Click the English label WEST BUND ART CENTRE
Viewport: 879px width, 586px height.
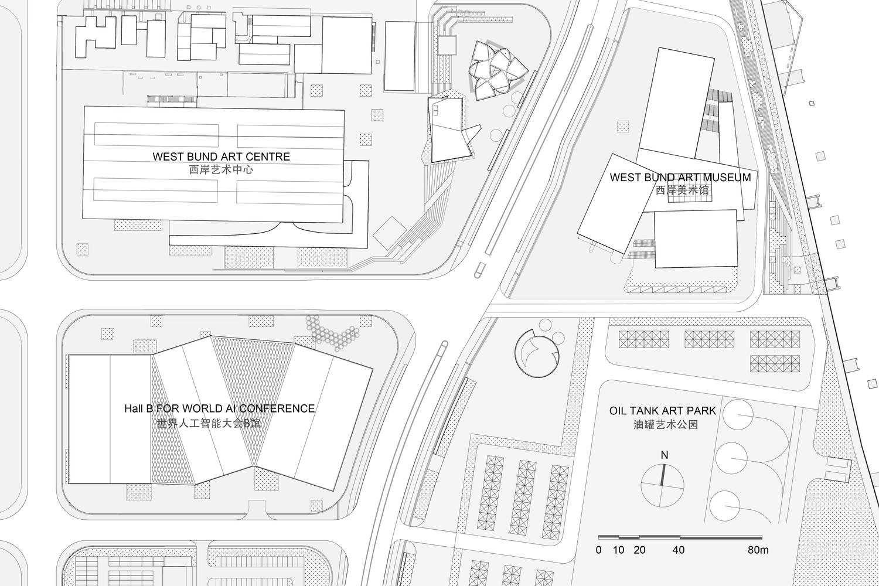221,157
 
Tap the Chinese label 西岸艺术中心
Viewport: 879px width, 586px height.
221,171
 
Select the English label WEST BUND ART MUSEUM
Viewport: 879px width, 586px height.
680,178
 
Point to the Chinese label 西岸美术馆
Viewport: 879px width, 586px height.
682,190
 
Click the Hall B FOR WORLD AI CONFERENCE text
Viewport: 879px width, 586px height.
219,408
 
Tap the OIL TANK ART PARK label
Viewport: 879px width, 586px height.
663,411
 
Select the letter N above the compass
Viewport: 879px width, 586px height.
664,455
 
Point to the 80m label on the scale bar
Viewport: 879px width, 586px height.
758,550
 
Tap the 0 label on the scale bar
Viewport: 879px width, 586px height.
598,550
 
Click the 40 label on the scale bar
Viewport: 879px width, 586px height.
679,550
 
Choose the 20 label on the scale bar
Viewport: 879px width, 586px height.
639,550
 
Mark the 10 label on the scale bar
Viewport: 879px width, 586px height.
619,550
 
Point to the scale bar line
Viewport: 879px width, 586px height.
680,537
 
